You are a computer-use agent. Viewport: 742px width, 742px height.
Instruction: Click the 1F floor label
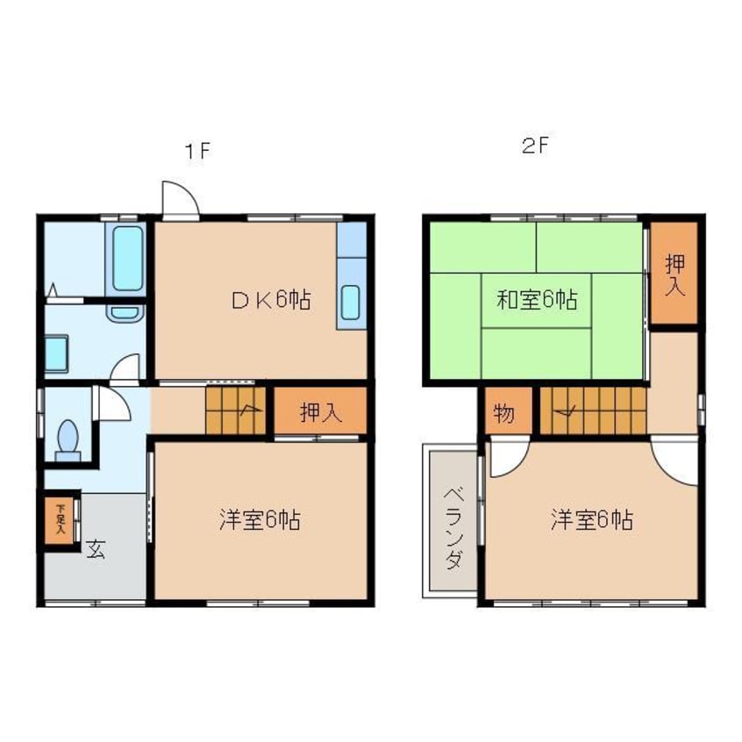197,150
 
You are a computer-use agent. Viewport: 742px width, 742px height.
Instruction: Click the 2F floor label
534,147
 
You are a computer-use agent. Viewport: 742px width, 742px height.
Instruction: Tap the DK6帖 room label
270,300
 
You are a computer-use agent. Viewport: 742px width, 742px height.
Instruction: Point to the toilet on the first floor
67,436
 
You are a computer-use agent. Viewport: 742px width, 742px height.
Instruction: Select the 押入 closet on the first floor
321,412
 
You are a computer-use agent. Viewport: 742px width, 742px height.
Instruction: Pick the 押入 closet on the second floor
674,273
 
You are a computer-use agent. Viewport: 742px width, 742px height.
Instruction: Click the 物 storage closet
504,412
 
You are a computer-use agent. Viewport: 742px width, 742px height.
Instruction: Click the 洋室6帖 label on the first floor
260,520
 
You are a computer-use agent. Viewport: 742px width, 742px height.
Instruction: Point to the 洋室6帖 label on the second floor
592,520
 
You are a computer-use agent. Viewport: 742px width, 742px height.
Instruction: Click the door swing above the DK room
179,197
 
